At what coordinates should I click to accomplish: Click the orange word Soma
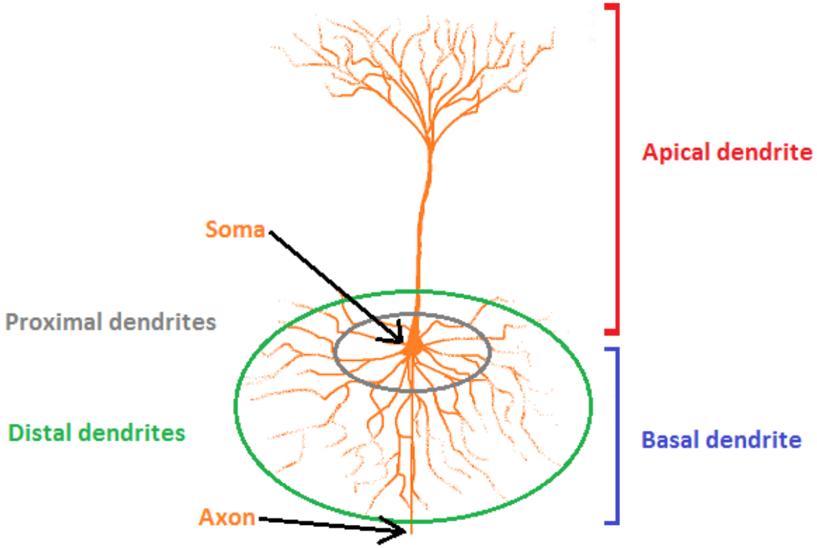point(234,230)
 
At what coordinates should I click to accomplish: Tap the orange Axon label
point(227,518)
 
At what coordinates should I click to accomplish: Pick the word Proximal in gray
point(50,321)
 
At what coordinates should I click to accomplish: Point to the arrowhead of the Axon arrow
point(401,530)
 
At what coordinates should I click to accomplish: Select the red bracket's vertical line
point(617,170)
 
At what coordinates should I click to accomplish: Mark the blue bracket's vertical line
point(618,435)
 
